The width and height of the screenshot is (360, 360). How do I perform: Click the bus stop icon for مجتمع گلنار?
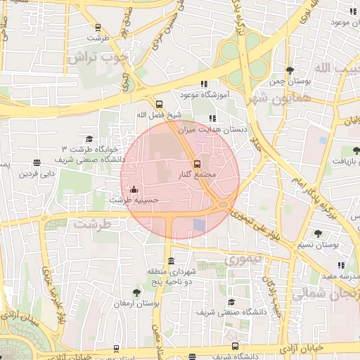tap(196, 164)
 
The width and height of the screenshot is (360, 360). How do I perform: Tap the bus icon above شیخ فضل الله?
tap(159, 103)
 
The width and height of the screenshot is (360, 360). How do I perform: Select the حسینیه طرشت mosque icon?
tap(134, 189)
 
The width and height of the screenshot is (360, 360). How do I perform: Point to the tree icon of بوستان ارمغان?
tap(136, 292)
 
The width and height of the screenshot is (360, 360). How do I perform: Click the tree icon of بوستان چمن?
tap(290, 70)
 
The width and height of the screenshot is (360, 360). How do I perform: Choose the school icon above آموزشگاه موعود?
tap(204, 83)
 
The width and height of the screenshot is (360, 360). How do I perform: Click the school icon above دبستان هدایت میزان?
tap(212, 118)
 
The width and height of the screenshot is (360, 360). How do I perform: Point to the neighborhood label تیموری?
tap(243, 259)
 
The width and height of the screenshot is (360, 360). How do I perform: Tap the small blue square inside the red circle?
tap(200, 225)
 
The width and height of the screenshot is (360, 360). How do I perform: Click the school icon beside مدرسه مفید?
tap(342, 265)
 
